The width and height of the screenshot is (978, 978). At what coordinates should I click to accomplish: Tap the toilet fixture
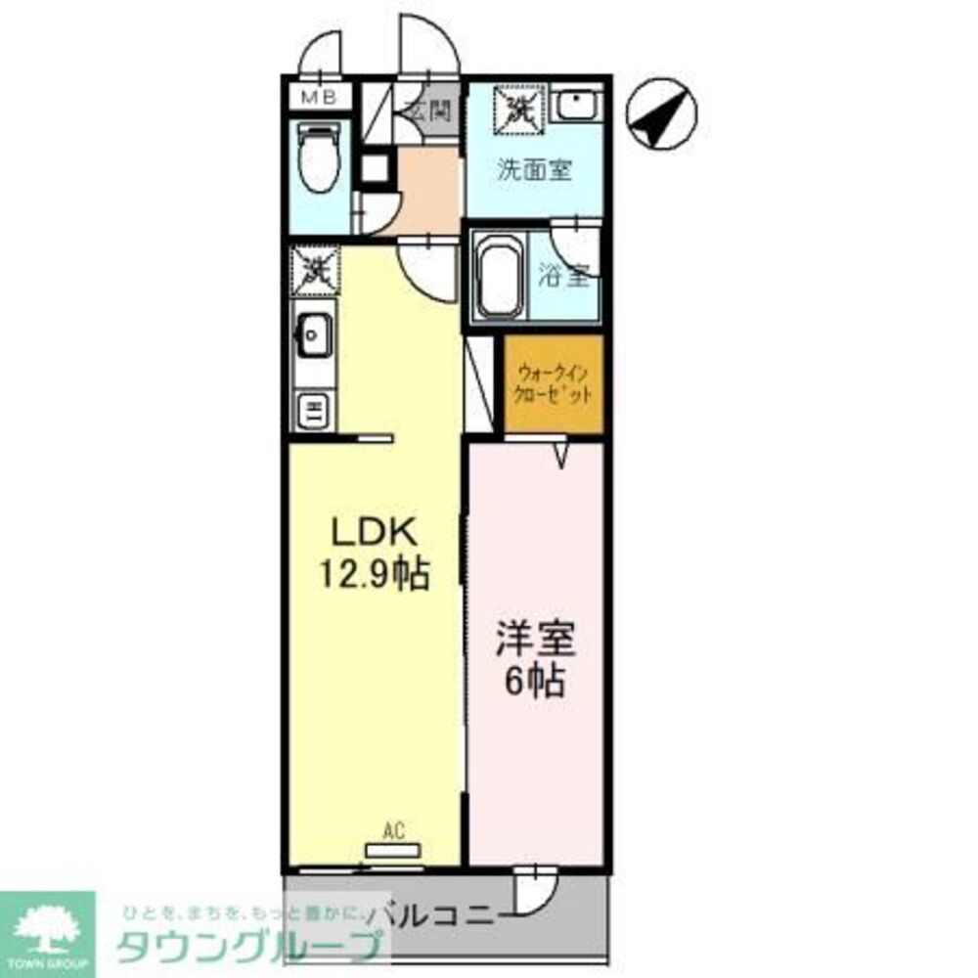pyautogui.click(x=318, y=158)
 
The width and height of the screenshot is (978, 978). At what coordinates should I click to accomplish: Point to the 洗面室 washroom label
pyautogui.click(x=533, y=169)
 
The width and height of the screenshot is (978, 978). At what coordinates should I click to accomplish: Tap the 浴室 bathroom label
pyautogui.click(x=564, y=276)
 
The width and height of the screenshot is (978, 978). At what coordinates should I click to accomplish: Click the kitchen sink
pyautogui.click(x=314, y=335)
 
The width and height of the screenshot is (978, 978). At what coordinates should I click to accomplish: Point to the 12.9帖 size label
pyautogui.click(x=373, y=575)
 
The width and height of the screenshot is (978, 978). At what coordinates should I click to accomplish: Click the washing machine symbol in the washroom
pyautogui.click(x=517, y=107)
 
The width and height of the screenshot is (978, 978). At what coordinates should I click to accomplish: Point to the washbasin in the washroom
pyautogui.click(x=578, y=106)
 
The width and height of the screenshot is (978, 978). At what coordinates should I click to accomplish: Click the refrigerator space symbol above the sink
pyautogui.click(x=315, y=270)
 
